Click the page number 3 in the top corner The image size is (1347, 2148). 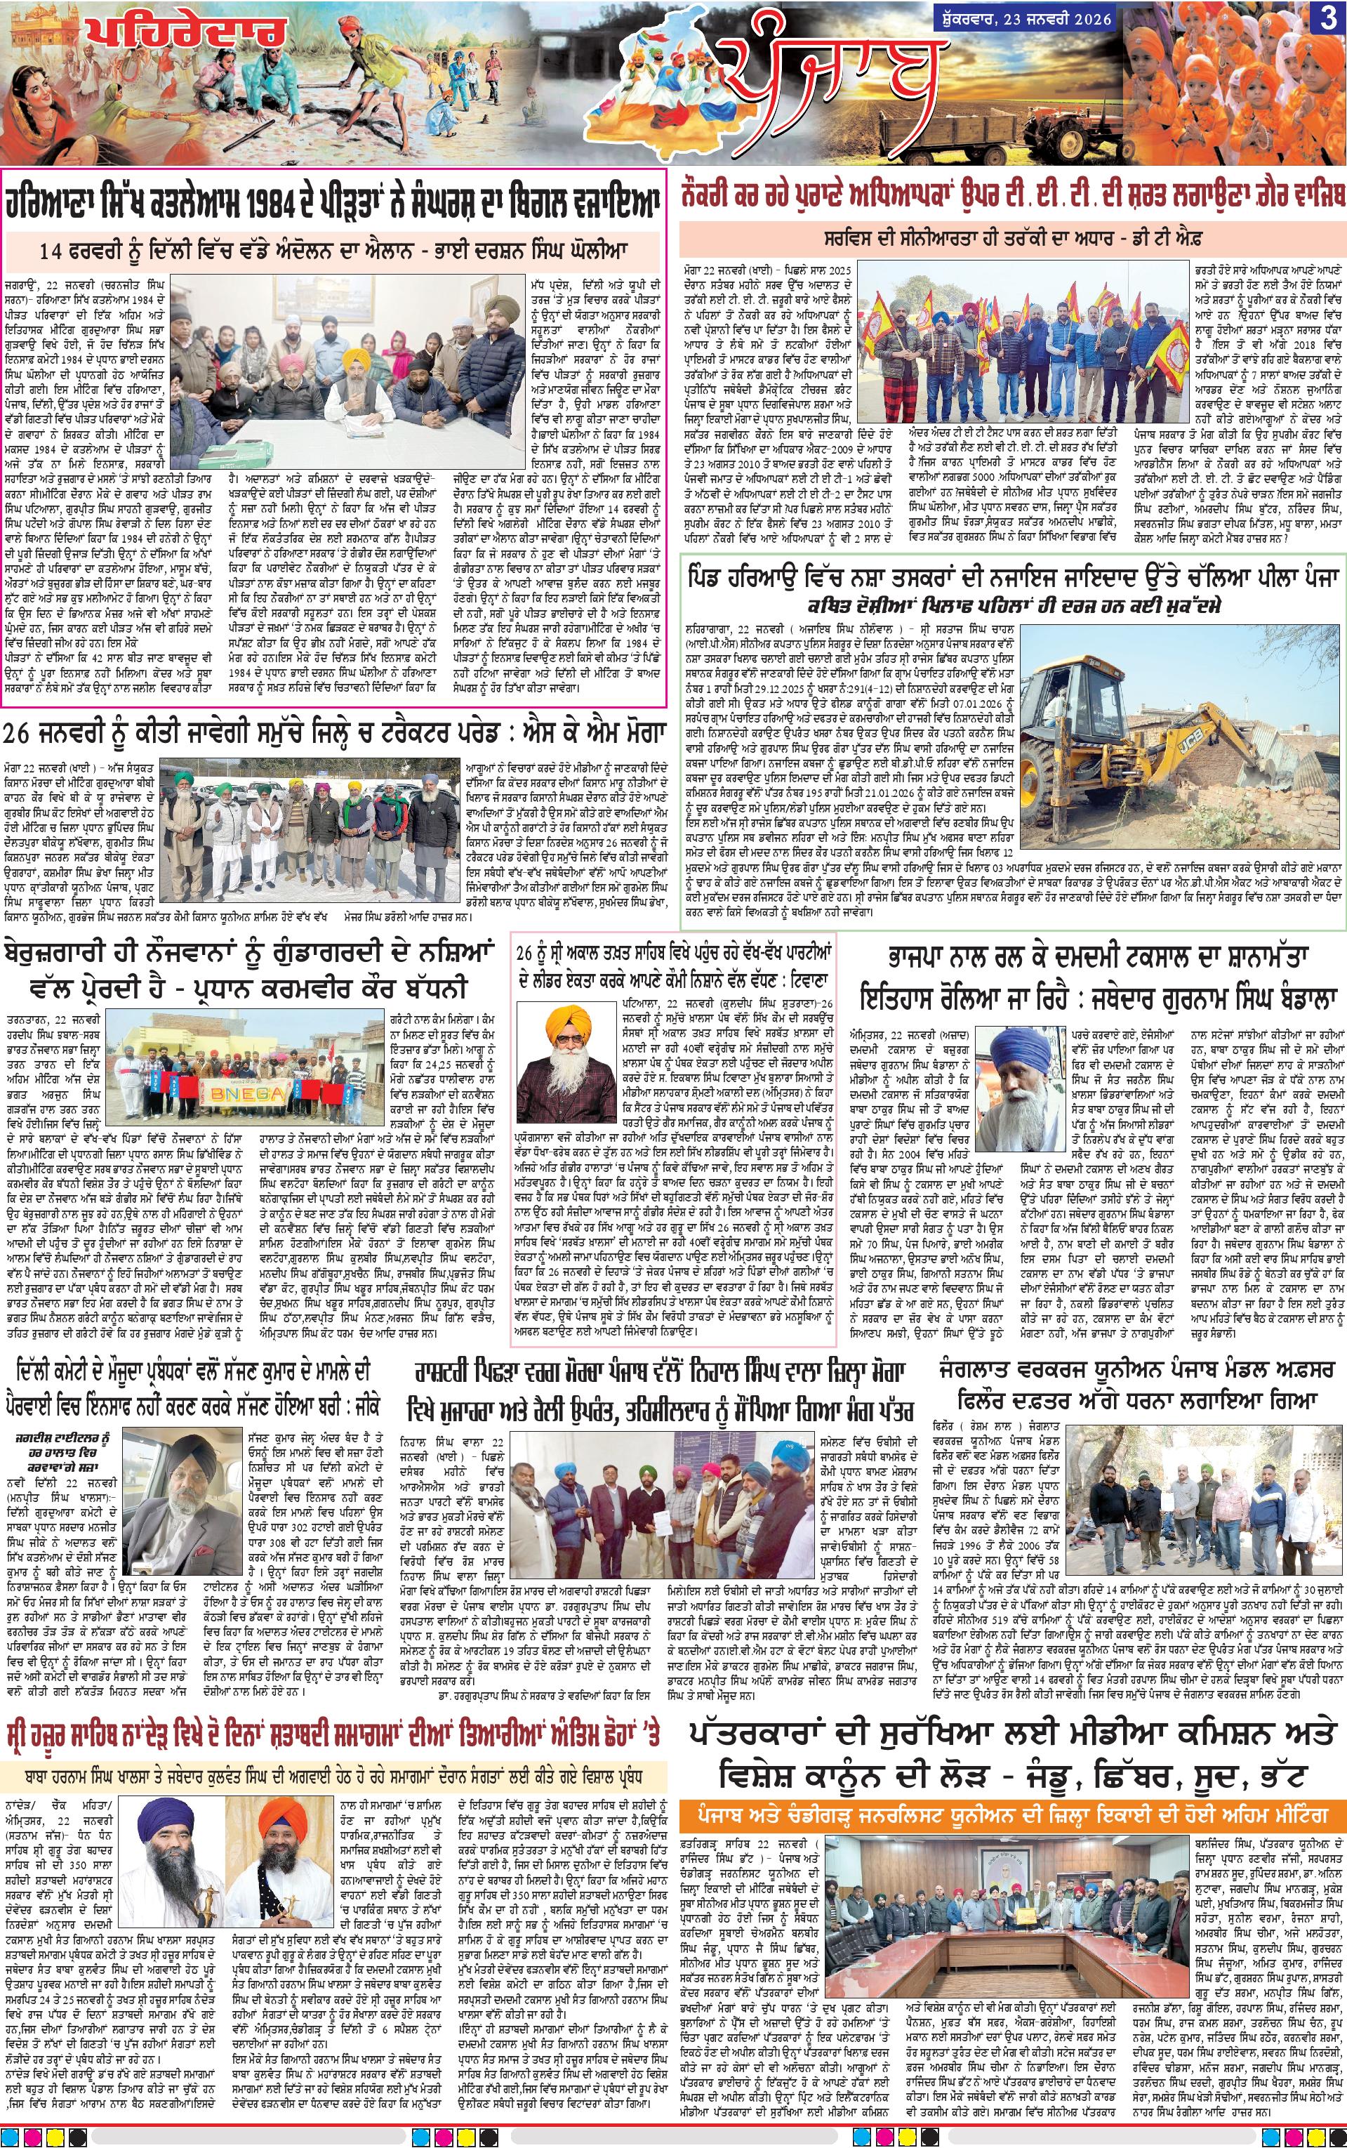point(1329,20)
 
